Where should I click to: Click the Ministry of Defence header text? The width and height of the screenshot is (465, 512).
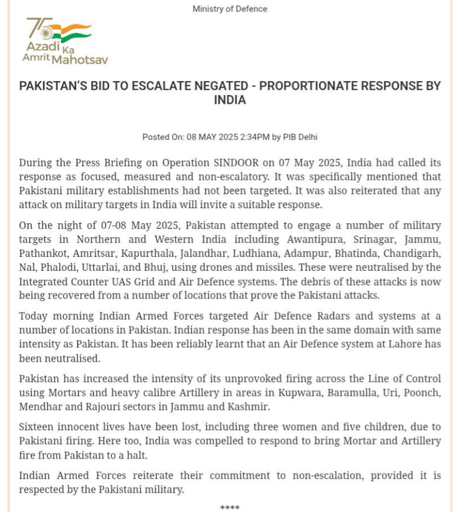point(230,9)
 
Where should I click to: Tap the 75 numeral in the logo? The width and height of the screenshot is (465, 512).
point(39,28)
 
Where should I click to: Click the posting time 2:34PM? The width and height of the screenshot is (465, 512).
point(249,137)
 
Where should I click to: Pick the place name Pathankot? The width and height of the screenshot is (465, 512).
point(43,254)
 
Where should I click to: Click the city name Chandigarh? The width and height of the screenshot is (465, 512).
point(413,254)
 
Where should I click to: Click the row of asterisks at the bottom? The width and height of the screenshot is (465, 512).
point(230,508)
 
